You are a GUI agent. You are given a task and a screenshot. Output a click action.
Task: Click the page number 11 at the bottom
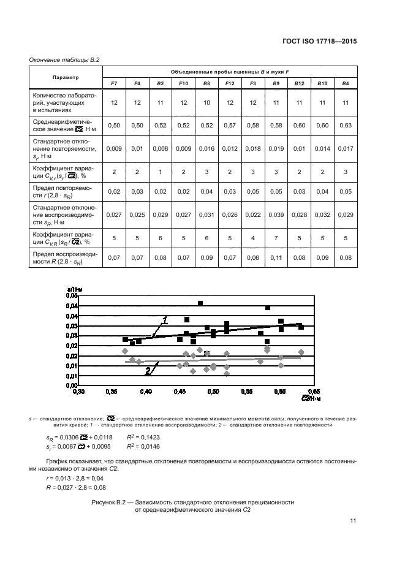point(353,521)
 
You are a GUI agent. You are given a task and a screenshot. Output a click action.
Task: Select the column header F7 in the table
point(114,83)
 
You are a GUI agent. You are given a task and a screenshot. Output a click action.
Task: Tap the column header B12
point(299,83)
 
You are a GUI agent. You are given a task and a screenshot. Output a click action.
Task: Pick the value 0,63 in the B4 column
point(346,125)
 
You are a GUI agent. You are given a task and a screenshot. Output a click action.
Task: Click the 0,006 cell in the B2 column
point(160,148)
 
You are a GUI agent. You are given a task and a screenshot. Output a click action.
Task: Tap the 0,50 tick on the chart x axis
point(213,390)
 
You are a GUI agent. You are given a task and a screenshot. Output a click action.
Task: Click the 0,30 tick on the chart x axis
point(78,390)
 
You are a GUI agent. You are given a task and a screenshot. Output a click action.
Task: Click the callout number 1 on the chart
point(165,319)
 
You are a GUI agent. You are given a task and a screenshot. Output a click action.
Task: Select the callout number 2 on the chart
point(148,371)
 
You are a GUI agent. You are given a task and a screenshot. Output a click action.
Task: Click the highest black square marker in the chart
point(200,303)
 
